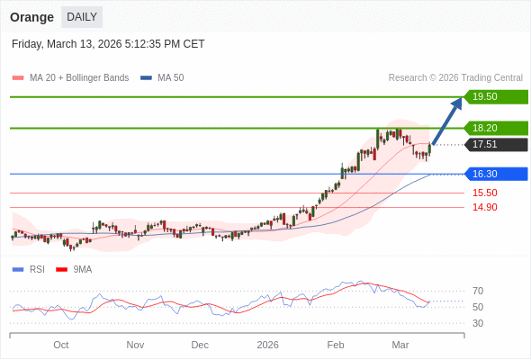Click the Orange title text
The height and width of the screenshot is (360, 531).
pos(31,17)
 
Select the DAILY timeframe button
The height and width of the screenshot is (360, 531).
pos(82,17)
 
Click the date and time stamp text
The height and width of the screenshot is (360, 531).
pos(108,43)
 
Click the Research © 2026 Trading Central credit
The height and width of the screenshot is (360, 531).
pos(455,78)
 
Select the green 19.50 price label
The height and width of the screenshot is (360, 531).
pos(496,96)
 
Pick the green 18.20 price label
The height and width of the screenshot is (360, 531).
pos(496,128)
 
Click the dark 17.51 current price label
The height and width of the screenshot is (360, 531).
pos(496,144)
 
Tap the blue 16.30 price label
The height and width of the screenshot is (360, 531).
pos(496,174)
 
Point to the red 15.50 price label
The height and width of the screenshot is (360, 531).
pos(484,193)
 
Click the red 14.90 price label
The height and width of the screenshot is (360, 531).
pos(484,207)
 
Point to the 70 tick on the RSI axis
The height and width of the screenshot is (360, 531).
pos(478,291)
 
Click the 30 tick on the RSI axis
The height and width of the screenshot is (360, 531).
pos(478,323)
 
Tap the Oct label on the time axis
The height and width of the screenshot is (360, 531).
pos(60,345)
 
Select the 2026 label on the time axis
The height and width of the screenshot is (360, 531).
pos(267,345)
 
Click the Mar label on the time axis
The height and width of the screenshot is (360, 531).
pos(400,345)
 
